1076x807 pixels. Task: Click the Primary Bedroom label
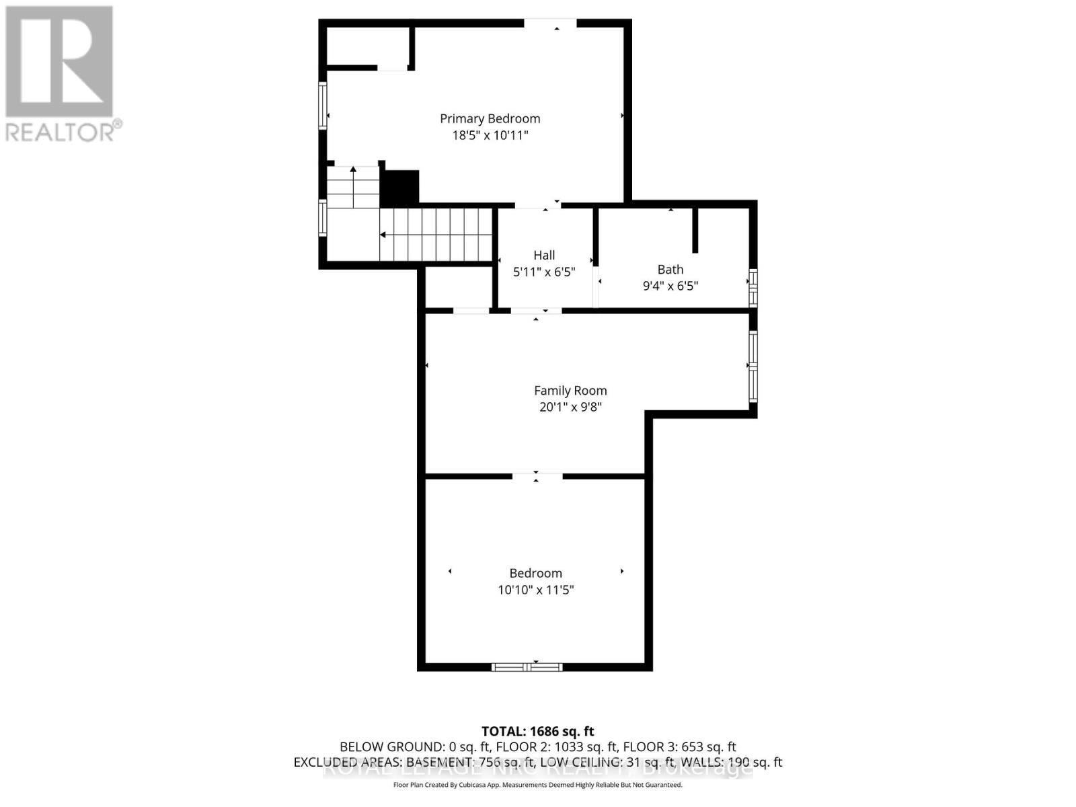pyautogui.click(x=490, y=118)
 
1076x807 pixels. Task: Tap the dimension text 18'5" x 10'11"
pyautogui.click(x=490, y=135)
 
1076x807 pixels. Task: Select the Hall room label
pyautogui.click(x=544, y=255)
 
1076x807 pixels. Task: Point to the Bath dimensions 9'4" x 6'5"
pyautogui.click(x=670, y=286)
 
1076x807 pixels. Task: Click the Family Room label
pyautogui.click(x=570, y=390)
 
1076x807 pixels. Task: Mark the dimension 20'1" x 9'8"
pyautogui.click(x=570, y=407)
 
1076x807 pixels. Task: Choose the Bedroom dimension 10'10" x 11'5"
pyautogui.click(x=535, y=590)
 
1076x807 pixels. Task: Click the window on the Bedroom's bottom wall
pyautogui.click(x=527, y=667)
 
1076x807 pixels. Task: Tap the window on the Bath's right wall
pyautogui.click(x=753, y=288)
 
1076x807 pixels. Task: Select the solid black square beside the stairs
pyautogui.click(x=400, y=188)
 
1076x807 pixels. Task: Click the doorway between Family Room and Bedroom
pyautogui.click(x=537, y=476)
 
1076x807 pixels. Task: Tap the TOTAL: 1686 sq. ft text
pyautogui.click(x=537, y=731)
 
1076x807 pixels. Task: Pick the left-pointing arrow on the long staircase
pyautogui.click(x=383, y=235)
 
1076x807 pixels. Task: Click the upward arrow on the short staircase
pyautogui.click(x=353, y=169)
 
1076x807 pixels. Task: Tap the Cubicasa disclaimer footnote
pyautogui.click(x=537, y=785)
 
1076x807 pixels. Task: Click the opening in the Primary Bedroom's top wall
pyautogui.click(x=550, y=24)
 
